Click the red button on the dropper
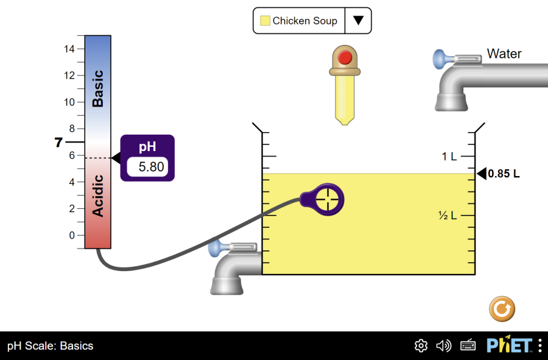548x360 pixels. tap(345, 58)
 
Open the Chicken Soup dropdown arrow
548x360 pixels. tap(358, 21)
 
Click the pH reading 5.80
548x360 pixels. tap(148, 166)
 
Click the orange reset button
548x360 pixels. tap(502, 309)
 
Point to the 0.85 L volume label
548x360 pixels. tap(504, 174)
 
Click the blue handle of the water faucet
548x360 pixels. tap(440, 59)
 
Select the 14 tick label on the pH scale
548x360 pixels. tap(69, 49)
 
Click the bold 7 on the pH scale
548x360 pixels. tap(58, 143)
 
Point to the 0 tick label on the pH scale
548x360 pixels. tap(72, 235)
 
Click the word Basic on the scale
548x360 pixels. tap(97, 89)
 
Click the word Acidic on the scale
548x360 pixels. tap(97, 196)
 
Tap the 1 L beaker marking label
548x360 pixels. tap(449, 157)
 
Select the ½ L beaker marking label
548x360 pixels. tap(448, 216)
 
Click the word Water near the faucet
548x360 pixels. tap(504, 54)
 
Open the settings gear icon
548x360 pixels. tap(421, 346)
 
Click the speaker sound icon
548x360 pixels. tap(444, 346)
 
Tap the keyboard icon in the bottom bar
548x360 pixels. tap(468, 346)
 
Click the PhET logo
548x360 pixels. tap(509, 345)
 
